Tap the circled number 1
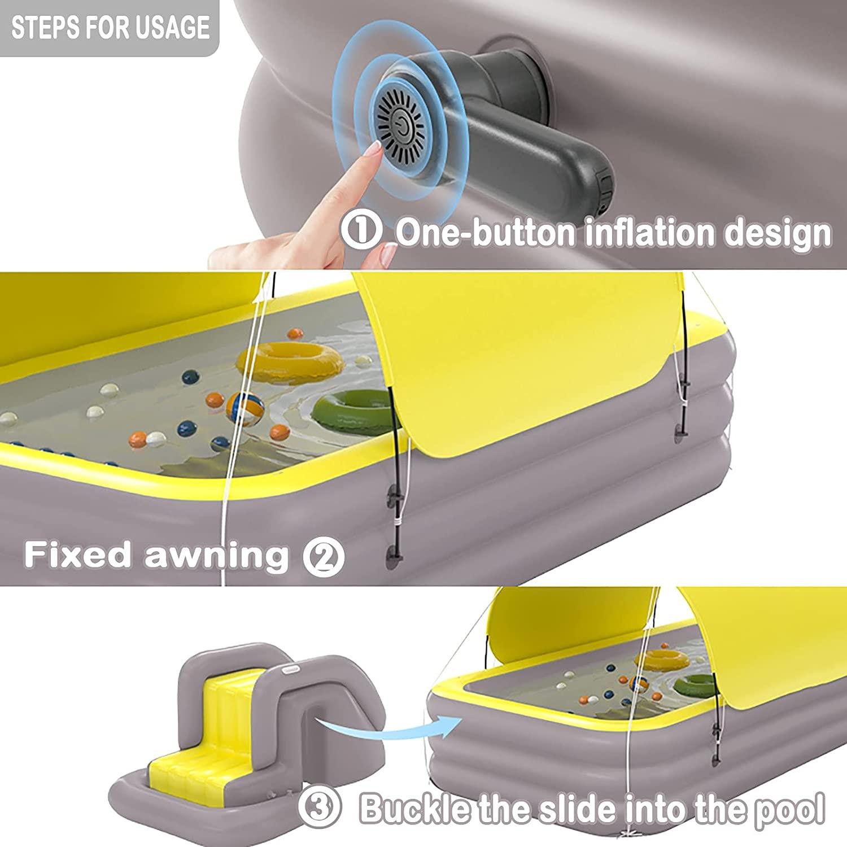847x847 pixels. click(x=361, y=232)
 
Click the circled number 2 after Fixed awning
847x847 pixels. click(x=324, y=556)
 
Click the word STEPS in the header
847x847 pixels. click(x=43, y=28)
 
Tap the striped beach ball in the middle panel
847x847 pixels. click(x=245, y=408)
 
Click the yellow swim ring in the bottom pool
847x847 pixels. click(x=669, y=660)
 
